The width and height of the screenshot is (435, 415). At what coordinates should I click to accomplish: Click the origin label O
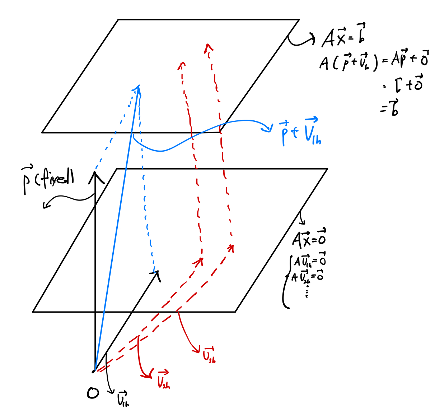pos(93,393)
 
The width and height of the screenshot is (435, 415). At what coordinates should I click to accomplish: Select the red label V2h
pos(163,379)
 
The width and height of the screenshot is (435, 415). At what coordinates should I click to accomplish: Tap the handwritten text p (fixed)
pos(47,180)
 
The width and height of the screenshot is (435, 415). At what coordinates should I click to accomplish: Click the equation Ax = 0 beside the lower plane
pos(309,238)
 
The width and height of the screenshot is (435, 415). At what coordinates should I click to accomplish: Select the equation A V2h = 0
pos(307,276)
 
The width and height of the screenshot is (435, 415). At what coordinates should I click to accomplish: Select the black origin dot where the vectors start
pos(94,371)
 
